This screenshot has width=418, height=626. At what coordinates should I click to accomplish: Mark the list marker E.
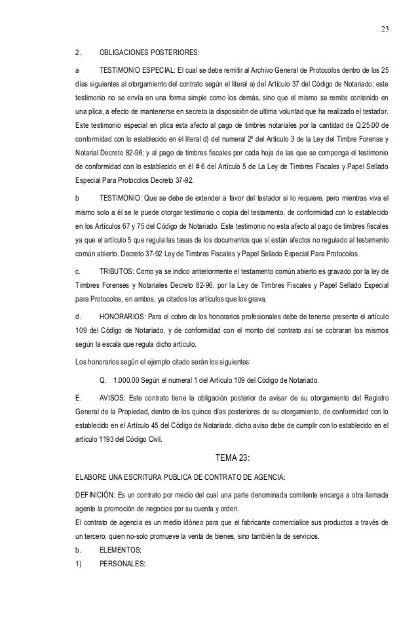(x=78, y=397)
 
